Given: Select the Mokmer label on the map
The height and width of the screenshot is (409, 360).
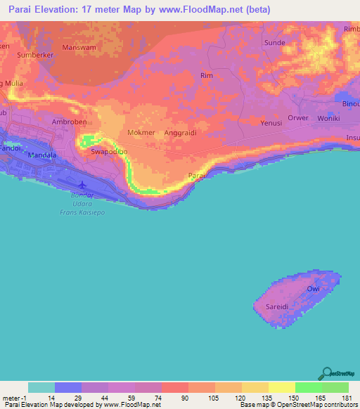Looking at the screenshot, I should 141,132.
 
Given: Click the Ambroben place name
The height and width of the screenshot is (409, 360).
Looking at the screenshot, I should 69,121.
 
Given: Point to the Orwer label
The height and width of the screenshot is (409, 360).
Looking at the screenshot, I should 297,118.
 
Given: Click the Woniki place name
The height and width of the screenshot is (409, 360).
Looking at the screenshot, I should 328,118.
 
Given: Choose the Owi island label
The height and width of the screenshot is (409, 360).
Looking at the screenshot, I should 314,289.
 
